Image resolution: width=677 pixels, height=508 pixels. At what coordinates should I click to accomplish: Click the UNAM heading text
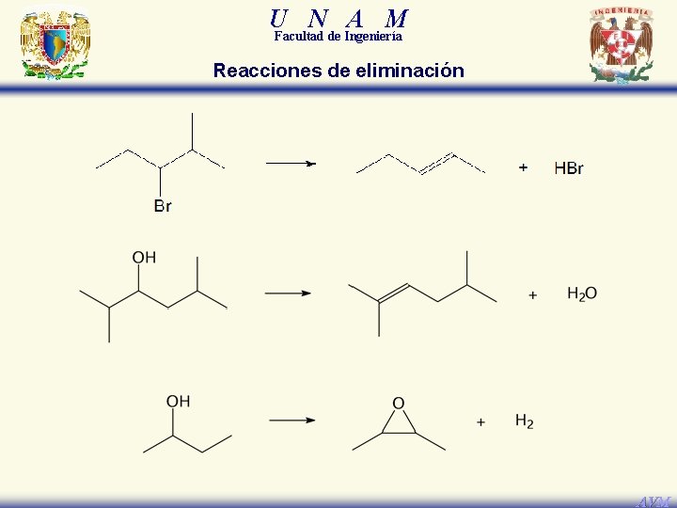pos(338,18)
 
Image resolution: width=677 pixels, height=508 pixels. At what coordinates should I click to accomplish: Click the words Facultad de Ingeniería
pos(338,37)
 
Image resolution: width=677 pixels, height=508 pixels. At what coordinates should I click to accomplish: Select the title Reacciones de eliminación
pos(338,71)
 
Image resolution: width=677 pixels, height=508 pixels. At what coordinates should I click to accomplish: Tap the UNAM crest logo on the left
pos(55,44)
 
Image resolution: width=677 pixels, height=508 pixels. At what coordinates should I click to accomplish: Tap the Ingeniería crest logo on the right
pos(622,45)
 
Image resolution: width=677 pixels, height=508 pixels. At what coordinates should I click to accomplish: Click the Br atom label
pos(163,206)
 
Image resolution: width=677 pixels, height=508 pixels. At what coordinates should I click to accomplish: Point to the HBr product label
pos(569,168)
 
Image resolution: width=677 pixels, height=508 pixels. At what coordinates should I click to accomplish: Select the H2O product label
pos(582,294)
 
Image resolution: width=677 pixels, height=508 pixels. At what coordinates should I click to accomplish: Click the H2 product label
pos(524,421)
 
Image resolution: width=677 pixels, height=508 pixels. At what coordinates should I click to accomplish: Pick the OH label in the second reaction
pos(144,257)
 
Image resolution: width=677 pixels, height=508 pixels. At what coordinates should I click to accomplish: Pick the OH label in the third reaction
pos(178,402)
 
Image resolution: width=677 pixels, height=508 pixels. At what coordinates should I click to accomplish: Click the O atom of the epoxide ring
pos(399,404)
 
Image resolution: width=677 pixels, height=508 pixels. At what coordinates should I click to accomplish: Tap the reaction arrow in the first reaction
pos(291,163)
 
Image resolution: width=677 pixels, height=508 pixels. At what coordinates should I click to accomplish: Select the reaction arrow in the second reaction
pos(288,293)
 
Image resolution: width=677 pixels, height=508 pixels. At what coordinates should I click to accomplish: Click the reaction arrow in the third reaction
pos(291,420)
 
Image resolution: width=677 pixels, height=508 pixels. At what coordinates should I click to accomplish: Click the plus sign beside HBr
pos(523,167)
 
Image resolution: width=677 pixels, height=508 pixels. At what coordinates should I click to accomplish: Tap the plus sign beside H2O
pos(533,294)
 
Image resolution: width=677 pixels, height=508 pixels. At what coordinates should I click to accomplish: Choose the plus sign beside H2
pos(480,422)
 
